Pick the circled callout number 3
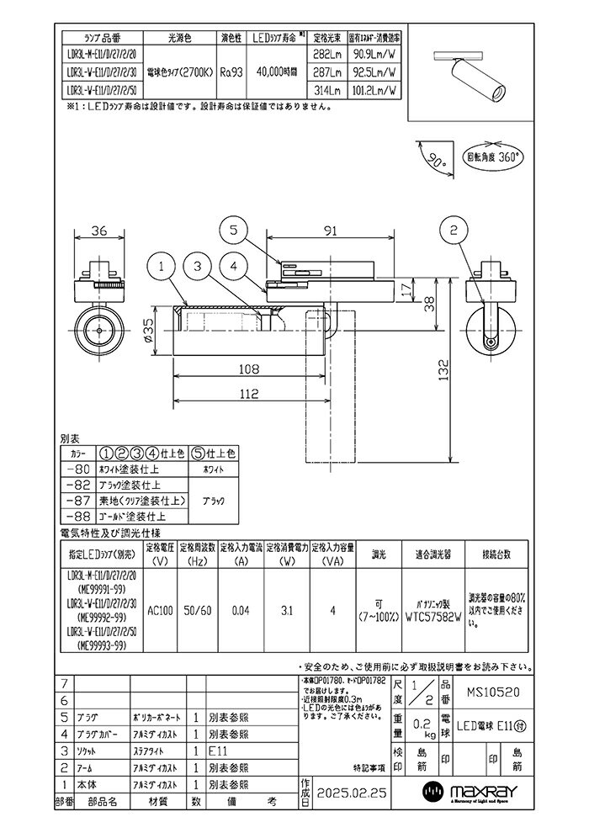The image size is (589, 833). pos(196,267)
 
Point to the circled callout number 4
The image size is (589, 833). pos(235,267)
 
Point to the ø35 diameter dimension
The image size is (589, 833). pos(148,332)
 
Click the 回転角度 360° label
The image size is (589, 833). pos(493,157)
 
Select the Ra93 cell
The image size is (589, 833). pos(231,73)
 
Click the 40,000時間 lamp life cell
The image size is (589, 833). pos(276,73)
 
